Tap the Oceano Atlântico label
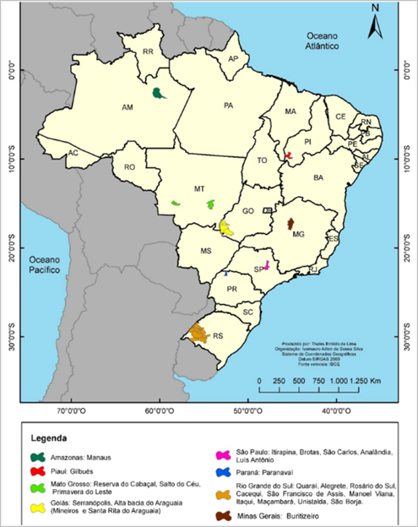pyautogui.click(x=323, y=42)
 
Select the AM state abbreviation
pyautogui.click(x=128, y=107)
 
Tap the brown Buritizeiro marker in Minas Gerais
pyautogui.click(x=291, y=224)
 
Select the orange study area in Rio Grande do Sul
pyautogui.click(x=199, y=333)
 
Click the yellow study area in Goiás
pyautogui.click(x=226, y=227)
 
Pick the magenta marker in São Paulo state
pyautogui.click(x=267, y=265)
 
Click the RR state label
pyautogui.click(x=148, y=52)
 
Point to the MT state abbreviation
pyautogui.click(x=199, y=187)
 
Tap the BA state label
pyautogui.click(x=318, y=178)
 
